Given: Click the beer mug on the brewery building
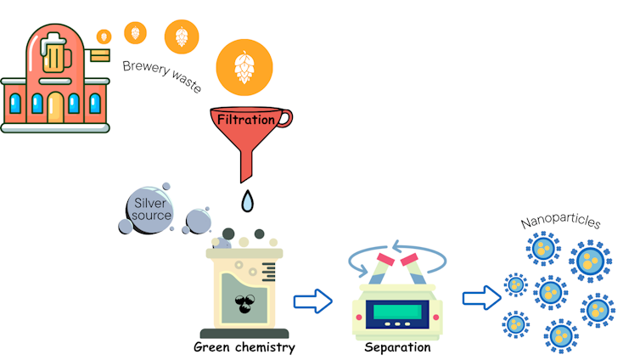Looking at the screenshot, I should (53, 55).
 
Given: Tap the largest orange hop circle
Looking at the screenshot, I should (244, 67).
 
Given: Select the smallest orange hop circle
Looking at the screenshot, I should (104, 37).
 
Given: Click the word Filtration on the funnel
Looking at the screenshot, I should (246, 120).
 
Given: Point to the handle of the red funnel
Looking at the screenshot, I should (284, 120).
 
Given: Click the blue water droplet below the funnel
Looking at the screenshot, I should (247, 201).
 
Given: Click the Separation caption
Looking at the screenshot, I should (396, 346).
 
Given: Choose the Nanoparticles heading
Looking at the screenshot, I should (560, 222).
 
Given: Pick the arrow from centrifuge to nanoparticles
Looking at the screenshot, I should (480, 298).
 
